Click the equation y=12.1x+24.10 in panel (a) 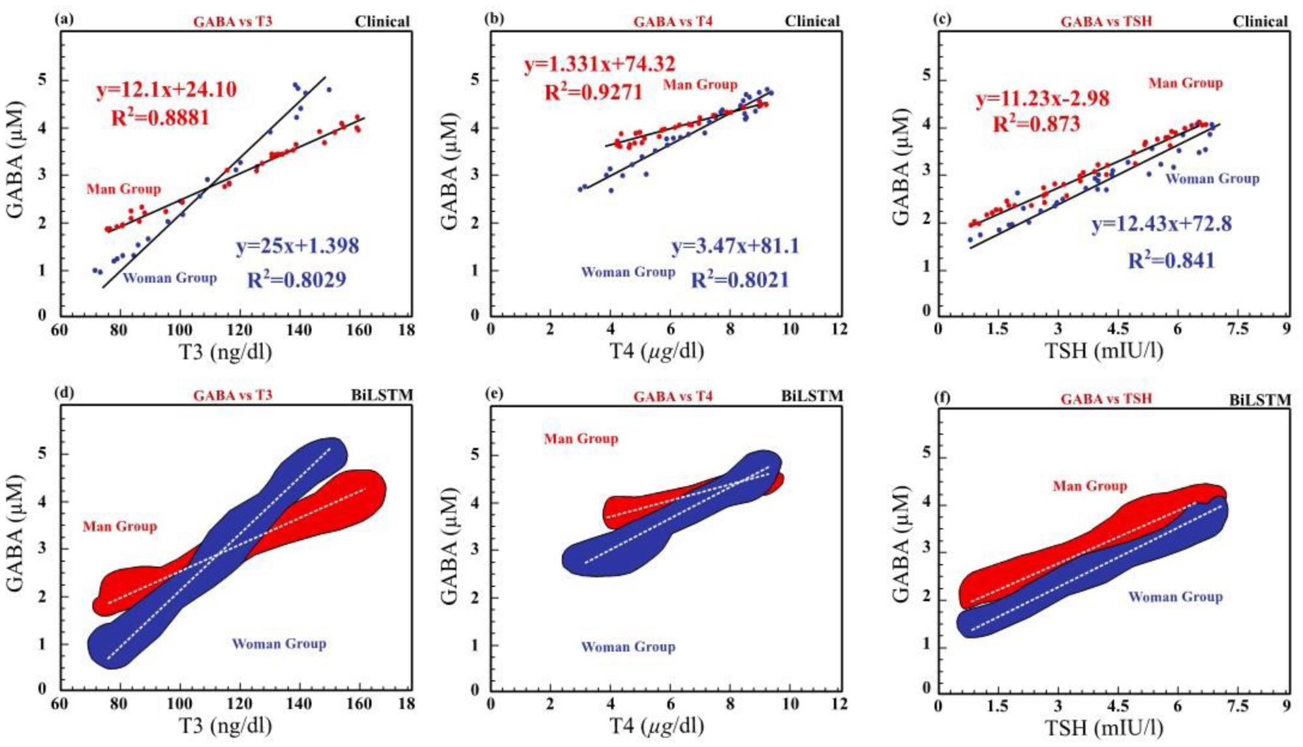(166, 89)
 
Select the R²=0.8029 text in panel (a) (296, 279)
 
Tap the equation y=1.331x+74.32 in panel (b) (599, 65)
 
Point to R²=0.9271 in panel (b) (594, 92)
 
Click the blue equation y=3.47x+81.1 (735, 247)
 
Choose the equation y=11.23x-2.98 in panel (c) (1042, 99)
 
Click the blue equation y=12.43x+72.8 (1161, 224)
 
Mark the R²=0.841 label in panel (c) (1171, 260)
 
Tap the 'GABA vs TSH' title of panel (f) (1106, 399)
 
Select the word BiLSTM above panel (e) (812, 396)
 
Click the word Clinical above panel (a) (382, 22)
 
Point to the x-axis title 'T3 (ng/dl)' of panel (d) (225, 725)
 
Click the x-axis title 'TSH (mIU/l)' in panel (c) (1104, 351)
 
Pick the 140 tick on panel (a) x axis (299, 329)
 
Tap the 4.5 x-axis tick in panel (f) (1117, 706)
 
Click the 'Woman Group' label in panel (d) (279, 644)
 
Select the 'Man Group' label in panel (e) (581, 438)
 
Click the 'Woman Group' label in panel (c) (1212, 179)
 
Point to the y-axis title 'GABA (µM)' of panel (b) (450, 171)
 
